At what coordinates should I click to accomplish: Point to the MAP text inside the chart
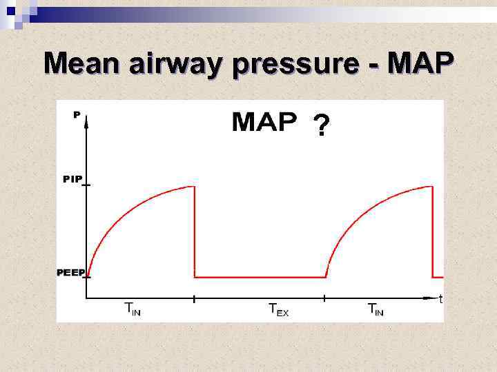(264, 123)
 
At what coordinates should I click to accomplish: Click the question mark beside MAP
(321, 127)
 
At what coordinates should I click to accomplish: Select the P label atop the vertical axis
(77, 115)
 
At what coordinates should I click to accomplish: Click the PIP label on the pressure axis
(72, 179)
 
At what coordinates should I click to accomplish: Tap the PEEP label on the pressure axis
(71, 273)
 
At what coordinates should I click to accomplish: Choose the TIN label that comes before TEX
(131, 309)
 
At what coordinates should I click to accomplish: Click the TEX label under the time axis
(278, 309)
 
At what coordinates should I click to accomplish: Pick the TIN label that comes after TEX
(375, 309)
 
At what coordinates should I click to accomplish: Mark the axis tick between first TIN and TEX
(195, 299)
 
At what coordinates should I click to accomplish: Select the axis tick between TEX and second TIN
(324, 299)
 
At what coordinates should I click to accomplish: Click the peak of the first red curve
(193, 186)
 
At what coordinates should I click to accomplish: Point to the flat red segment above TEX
(260, 277)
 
